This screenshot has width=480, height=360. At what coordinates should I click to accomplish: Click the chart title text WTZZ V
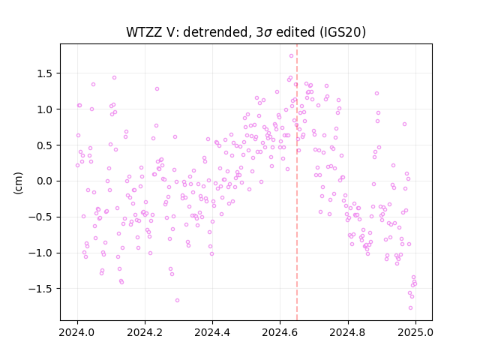tap(150, 31)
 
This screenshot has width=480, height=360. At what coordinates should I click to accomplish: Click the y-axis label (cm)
tap(18, 183)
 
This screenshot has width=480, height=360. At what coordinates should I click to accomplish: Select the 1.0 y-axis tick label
tap(45, 109)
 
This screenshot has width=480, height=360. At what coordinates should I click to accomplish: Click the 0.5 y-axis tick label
tap(45, 145)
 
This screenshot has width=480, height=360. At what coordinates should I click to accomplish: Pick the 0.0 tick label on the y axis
tap(45, 181)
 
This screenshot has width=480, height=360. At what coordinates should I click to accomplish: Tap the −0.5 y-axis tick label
tap(41, 217)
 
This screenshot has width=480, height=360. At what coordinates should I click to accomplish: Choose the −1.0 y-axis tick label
tap(41, 253)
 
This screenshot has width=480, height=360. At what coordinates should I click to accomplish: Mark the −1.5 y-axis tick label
tap(41, 289)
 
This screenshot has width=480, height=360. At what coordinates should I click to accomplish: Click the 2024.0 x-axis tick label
tap(77, 332)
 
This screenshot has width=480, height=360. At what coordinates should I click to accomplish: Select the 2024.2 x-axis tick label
tap(145, 332)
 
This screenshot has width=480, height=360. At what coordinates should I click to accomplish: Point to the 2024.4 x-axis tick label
tap(212, 332)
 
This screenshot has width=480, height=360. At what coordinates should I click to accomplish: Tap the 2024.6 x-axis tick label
tap(280, 332)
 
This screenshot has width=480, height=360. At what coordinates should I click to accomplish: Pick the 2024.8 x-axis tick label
tap(348, 332)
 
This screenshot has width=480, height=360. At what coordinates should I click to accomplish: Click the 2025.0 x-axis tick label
tap(415, 332)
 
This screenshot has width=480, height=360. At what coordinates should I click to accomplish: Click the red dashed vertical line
tap(297, 182)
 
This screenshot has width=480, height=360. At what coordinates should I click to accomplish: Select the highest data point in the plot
tap(292, 56)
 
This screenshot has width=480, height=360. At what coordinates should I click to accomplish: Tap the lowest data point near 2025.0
tap(410, 308)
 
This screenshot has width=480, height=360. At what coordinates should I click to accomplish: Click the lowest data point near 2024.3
tap(177, 300)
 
